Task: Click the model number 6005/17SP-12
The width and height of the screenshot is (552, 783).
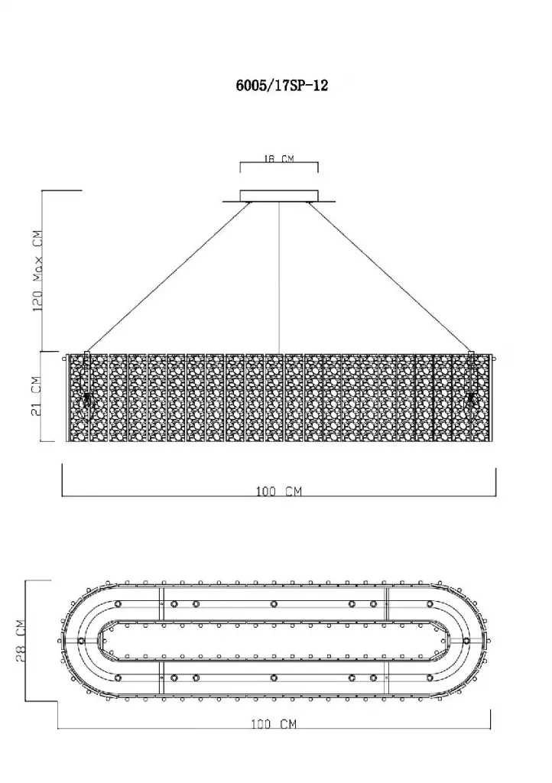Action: [x=282, y=86]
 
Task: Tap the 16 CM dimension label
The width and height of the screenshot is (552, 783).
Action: [x=278, y=159]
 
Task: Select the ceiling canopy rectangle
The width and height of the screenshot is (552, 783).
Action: [x=279, y=195]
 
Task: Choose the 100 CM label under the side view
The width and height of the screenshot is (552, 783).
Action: [x=278, y=492]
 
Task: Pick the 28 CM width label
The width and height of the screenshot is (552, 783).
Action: [x=21, y=641]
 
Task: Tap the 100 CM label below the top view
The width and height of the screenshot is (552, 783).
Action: [x=274, y=723]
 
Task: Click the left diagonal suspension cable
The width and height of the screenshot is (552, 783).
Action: [x=168, y=278]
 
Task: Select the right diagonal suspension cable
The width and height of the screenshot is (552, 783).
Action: [x=389, y=278]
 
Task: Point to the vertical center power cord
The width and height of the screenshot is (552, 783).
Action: [x=278, y=278]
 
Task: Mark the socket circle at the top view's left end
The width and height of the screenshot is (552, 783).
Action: [x=82, y=641]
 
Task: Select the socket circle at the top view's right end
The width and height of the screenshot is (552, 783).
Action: [x=466, y=641]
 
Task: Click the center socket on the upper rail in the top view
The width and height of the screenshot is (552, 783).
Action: [x=274, y=604]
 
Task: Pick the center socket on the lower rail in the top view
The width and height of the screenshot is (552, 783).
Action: [x=274, y=677]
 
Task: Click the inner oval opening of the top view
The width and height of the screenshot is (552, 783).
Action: [x=274, y=641]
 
